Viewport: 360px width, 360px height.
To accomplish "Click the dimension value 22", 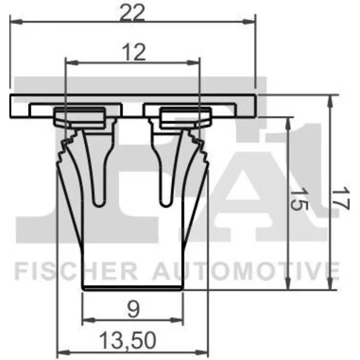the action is (x=132, y=13).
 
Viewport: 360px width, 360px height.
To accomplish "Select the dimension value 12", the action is (x=134, y=53).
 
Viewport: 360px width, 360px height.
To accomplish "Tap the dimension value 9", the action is (x=132, y=310).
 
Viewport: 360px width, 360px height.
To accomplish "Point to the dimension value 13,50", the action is (x=128, y=341).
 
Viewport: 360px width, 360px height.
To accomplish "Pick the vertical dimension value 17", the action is (x=341, y=199).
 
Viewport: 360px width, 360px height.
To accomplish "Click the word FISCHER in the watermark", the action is (x=76, y=271).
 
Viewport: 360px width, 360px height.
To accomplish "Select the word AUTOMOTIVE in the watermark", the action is (x=246, y=271).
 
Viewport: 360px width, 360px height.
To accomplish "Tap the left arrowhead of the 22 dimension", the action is (x=17, y=22).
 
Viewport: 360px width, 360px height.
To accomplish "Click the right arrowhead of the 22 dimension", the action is (x=249, y=22).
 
